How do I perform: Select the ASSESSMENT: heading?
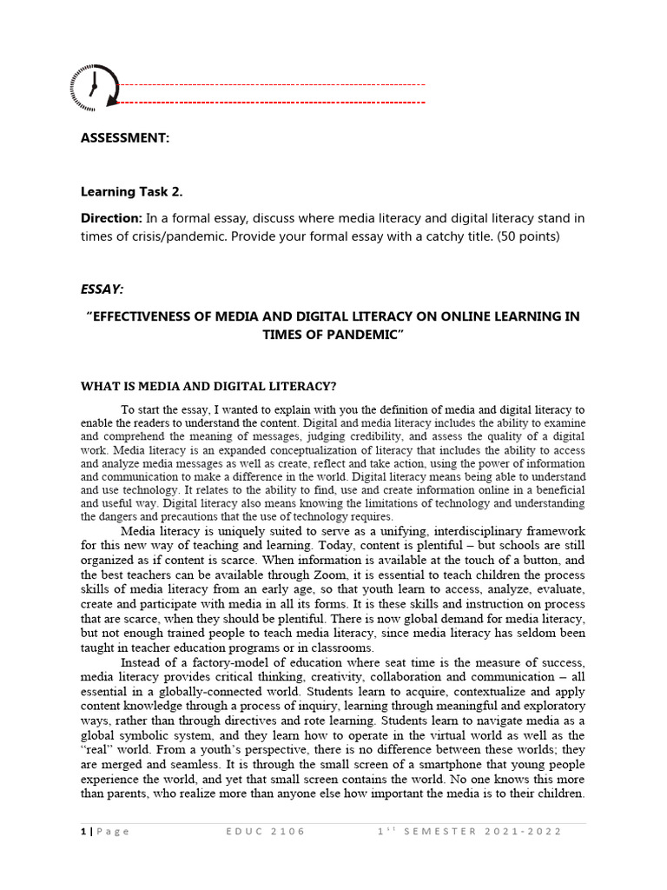click(x=125, y=138)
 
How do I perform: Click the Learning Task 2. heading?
click(x=131, y=191)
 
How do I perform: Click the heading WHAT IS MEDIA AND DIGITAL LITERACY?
click(x=208, y=386)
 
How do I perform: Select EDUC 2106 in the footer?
click(x=265, y=832)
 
